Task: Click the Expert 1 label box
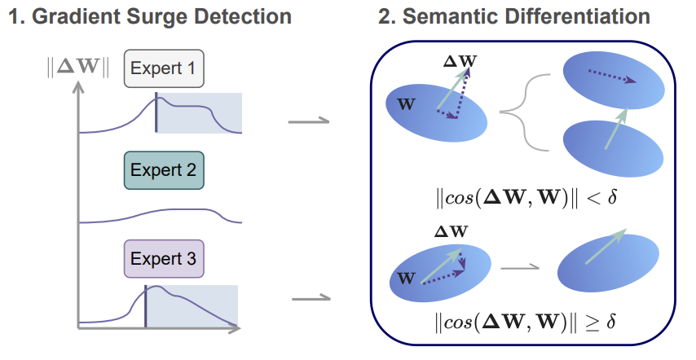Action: pos(163,69)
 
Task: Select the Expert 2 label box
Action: pos(163,170)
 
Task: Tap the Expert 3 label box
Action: pos(163,260)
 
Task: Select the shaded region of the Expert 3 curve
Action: pos(192,306)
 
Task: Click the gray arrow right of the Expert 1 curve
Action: pos(309,123)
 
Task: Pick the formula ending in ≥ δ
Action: pos(522,320)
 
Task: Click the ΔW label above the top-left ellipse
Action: pos(460,60)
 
